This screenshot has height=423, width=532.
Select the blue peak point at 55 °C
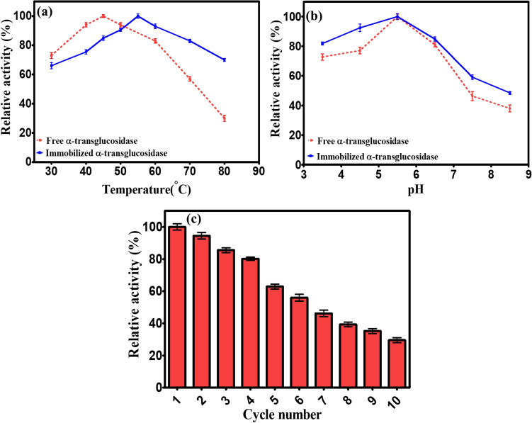tap(137, 16)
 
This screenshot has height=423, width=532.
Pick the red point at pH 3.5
tap(322, 57)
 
